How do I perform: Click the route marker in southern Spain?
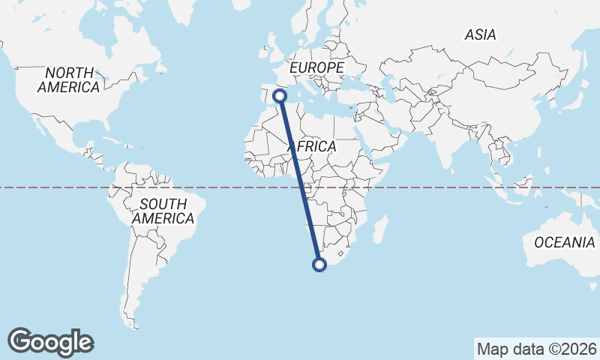280,95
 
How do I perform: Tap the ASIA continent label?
480,34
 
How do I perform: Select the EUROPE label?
316,67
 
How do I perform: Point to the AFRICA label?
311,146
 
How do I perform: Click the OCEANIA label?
564,242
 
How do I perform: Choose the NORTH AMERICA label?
69,80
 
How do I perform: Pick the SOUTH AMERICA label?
163,211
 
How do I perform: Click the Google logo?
51,342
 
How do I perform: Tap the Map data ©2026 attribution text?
536,349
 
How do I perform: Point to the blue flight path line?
300,180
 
